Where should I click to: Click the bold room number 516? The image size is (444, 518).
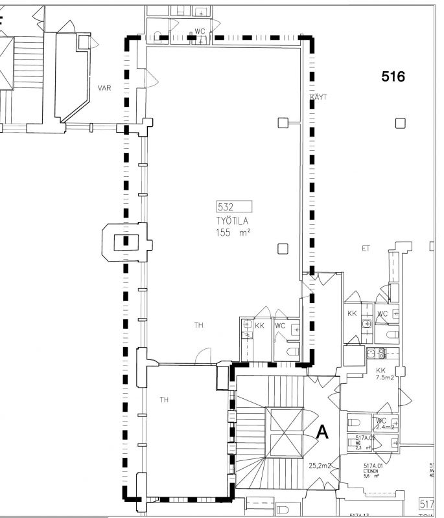pyautogui.click(x=393, y=77)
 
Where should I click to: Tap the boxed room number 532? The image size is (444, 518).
pyautogui.click(x=226, y=207)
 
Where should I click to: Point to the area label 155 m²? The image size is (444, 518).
pyautogui.click(x=234, y=232)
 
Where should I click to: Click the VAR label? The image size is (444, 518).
pyautogui.click(x=104, y=88)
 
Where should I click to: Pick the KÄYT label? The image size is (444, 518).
pyautogui.click(x=319, y=97)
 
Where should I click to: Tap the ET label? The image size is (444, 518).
pyautogui.click(x=365, y=249)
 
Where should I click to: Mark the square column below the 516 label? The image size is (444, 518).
pyautogui.click(x=401, y=123)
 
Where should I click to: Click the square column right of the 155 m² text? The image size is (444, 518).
pyautogui.click(x=282, y=248)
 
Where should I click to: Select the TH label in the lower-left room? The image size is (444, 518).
pyautogui.click(x=165, y=400)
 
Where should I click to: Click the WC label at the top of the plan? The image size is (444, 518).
pyautogui.click(x=200, y=32)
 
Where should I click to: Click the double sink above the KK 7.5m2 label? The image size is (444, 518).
pyautogui.click(x=377, y=353)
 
